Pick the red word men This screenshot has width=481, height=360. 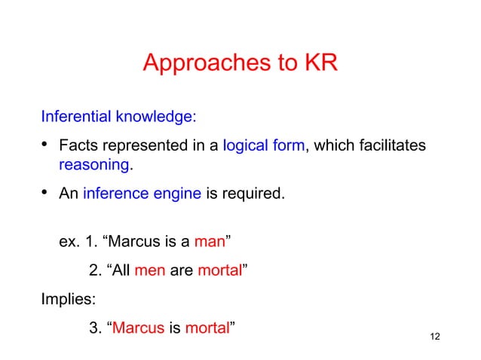149,270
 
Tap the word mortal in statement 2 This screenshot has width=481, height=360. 219,270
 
